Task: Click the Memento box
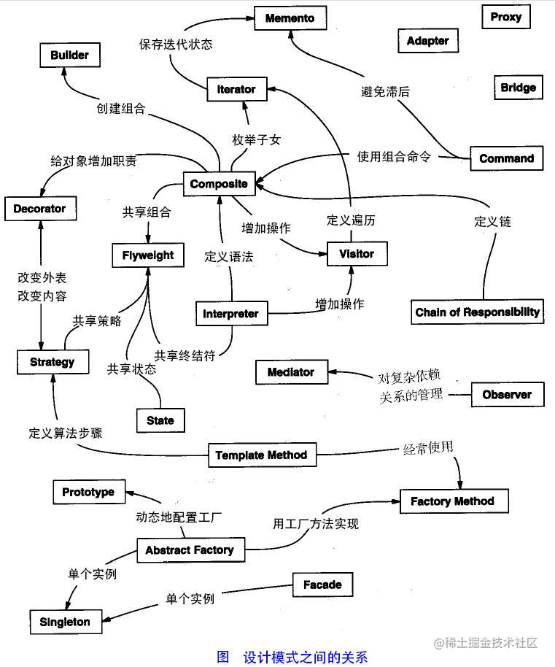click(x=290, y=18)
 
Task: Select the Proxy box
click(x=505, y=17)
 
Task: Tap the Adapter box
click(x=427, y=41)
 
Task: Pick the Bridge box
click(x=518, y=88)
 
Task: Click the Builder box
click(x=69, y=55)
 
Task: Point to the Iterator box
click(x=236, y=89)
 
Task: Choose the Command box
click(x=506, y=158)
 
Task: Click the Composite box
click(x=219, y=184)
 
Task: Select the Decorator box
click(x=39, y=209)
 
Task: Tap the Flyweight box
click(x=148, y=255)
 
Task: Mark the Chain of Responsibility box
click(x=478, y=312)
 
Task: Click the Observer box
click(x=507, y=395)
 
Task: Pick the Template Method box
click(x=261, y=455)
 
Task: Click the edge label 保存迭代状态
click(x=176, y=44)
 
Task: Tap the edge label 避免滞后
click(x=385, y=91)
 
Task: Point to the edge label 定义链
click(x=492, y=221)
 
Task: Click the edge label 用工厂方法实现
click(x=315, y=524)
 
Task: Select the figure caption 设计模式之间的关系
click(x=305, y=656)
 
